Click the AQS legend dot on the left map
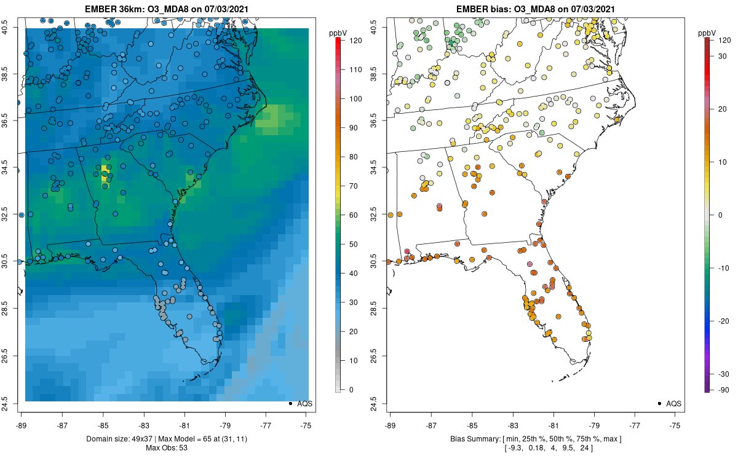point(290,403)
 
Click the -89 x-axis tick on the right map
point(391,425)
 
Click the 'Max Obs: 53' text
point(167,447)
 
